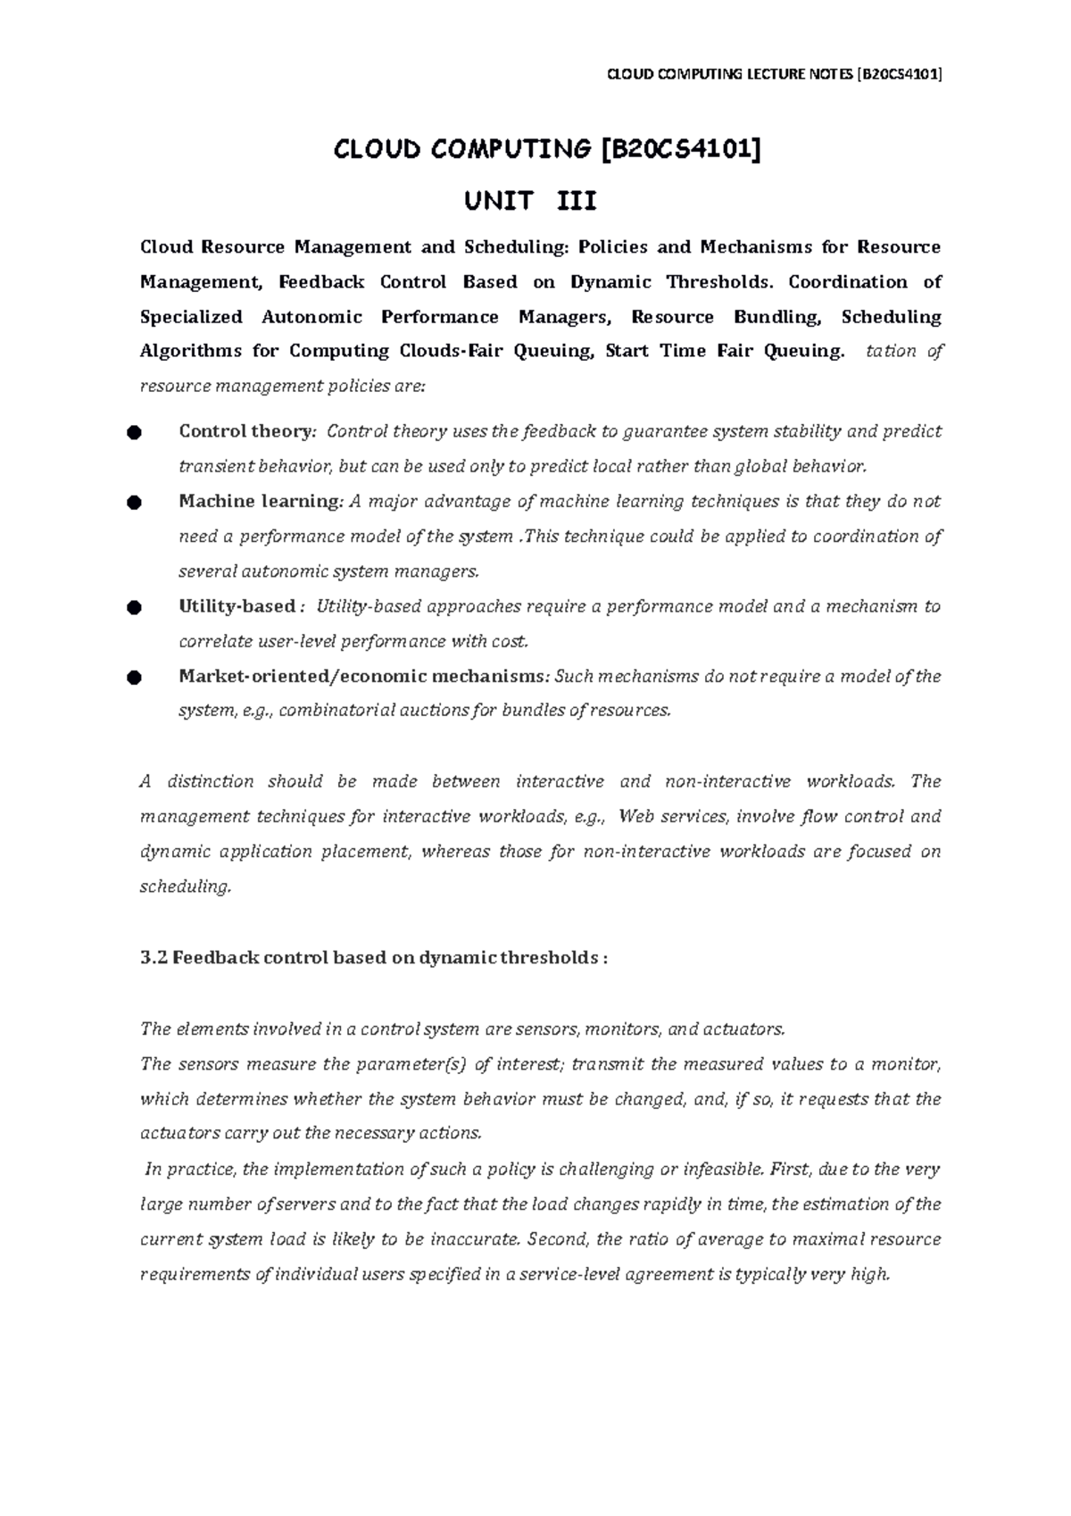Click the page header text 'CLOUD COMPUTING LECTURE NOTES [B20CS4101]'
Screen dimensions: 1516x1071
774,75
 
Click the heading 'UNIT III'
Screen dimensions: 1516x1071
529,201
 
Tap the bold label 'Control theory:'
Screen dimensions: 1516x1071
247,432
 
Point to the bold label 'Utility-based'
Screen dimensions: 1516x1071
237,607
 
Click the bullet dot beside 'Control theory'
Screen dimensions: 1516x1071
134,433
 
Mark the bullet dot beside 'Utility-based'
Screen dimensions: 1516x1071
134,608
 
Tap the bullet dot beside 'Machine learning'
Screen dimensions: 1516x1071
134,503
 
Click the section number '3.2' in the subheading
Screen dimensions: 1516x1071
154,958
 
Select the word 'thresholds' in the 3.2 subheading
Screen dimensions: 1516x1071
554,958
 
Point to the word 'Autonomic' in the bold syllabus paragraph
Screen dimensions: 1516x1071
311,317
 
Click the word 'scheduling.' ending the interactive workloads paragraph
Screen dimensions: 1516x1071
186,887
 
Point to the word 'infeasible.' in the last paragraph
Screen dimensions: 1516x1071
724,1170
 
